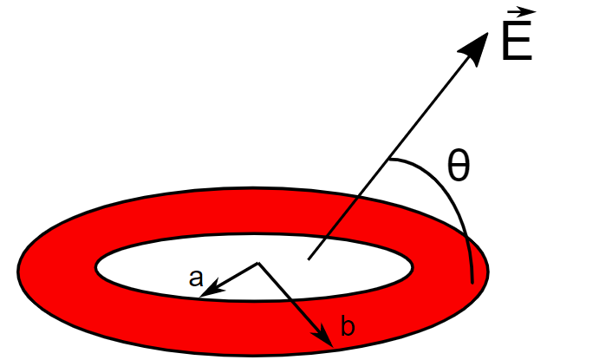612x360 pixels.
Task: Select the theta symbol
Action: tap(459, 167)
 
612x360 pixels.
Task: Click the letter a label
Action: tap(196, 278)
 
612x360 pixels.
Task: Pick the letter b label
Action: tap(348, 327)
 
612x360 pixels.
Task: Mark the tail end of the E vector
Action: tap(309, 259)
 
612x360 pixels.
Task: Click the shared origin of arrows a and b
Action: tap(258, 262)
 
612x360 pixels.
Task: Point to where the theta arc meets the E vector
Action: tap(389, 160)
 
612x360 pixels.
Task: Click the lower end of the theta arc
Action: tap(472, 282)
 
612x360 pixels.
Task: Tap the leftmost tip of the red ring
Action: tap(19, 270)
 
